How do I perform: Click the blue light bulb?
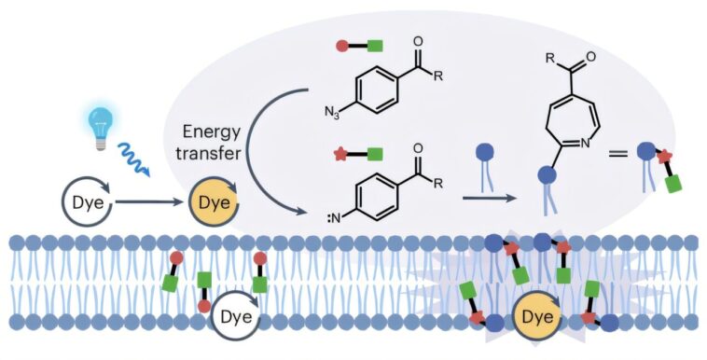98,124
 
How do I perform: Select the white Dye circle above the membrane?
81,199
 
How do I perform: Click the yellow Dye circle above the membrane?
212,199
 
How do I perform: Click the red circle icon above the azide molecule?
342,45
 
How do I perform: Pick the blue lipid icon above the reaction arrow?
485,164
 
